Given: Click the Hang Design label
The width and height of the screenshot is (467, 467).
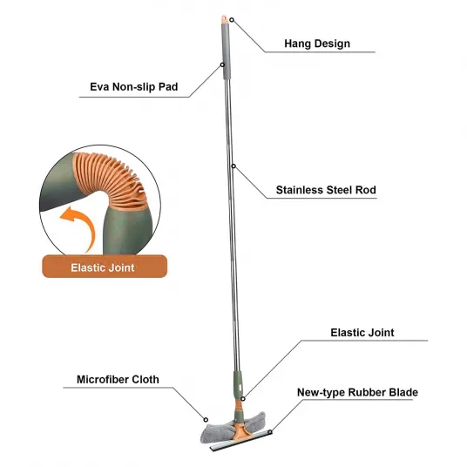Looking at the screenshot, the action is click(317, 44).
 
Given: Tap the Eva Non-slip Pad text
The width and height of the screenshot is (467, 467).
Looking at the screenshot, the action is click(134, 87).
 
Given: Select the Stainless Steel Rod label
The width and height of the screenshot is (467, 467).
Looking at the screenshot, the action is click(326, 190).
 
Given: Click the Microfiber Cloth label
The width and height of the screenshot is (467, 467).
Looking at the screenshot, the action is click(118, 380).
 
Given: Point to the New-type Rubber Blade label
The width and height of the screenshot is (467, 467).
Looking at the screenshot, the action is click(358, 392).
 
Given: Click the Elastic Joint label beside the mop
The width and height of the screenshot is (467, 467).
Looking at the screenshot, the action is click(362, 333).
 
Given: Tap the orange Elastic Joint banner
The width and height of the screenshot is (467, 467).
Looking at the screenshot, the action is click(105, 267).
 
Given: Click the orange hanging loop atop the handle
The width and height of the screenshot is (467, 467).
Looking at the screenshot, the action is click(225, 19).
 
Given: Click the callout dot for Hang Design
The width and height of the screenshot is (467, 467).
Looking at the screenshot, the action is click(232, 20).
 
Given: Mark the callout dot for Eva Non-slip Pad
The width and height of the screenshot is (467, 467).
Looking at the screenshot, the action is click(222, 65).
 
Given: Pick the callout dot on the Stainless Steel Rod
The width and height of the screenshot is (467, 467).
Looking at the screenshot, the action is click(233, 166).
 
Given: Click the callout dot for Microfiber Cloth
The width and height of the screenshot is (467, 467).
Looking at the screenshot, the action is click(206, 420).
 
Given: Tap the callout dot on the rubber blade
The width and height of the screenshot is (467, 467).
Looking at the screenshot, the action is click(270, 432).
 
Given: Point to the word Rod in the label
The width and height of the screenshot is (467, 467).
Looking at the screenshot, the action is click(366, 190).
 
